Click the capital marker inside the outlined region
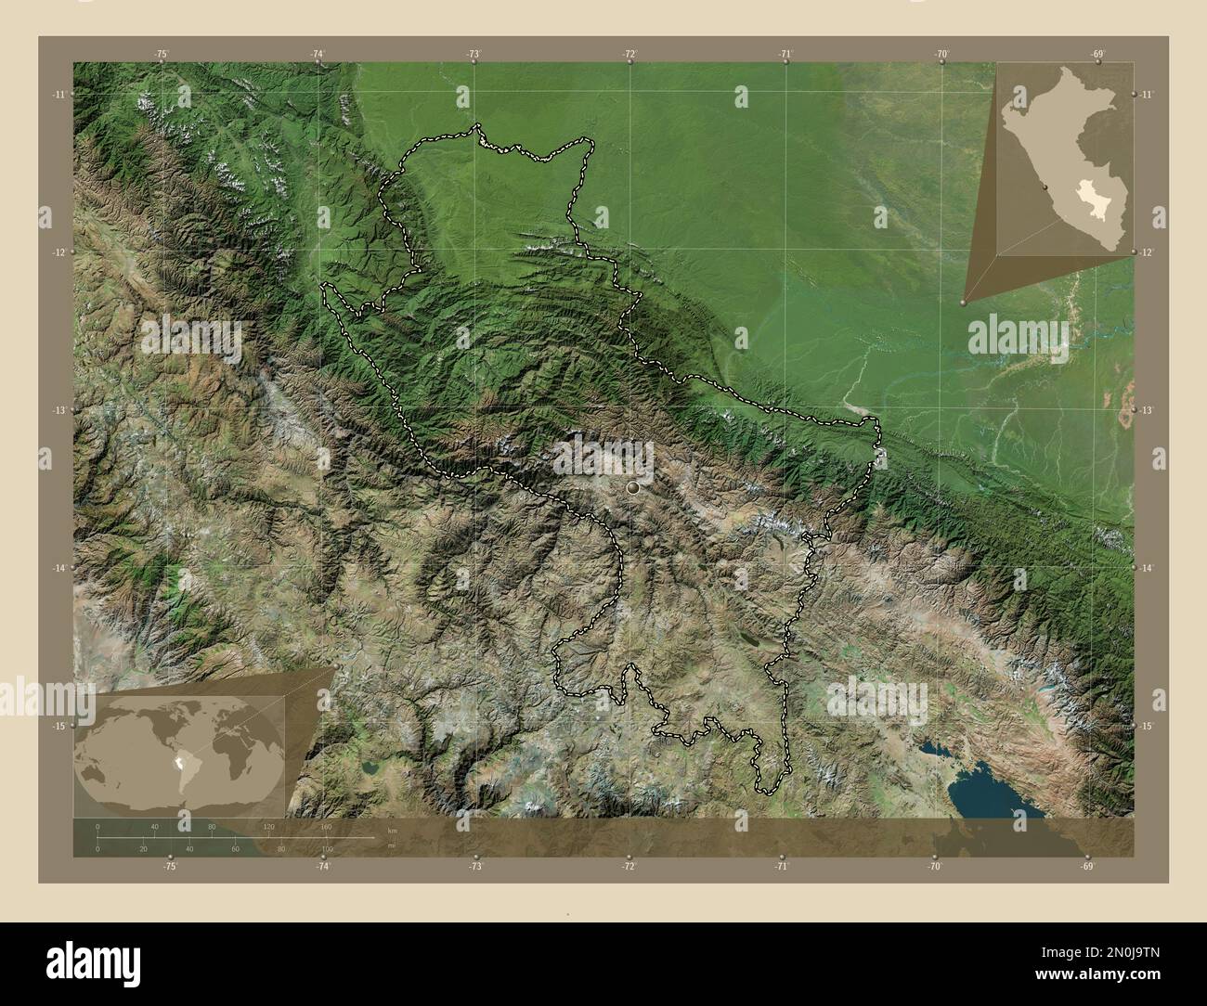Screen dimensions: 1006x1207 click(x=633, y=487)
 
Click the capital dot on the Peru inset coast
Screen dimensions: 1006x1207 click(x=1046, y=188)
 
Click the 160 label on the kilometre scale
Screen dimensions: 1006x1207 click(x=326, y=826)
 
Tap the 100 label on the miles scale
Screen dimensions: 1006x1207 click(x=326, y=848)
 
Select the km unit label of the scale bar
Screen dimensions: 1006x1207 click(x=392, y=829)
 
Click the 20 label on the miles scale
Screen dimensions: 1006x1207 click(x=143, y=848)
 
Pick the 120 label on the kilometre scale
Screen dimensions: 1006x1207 click(x=269, y=826)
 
